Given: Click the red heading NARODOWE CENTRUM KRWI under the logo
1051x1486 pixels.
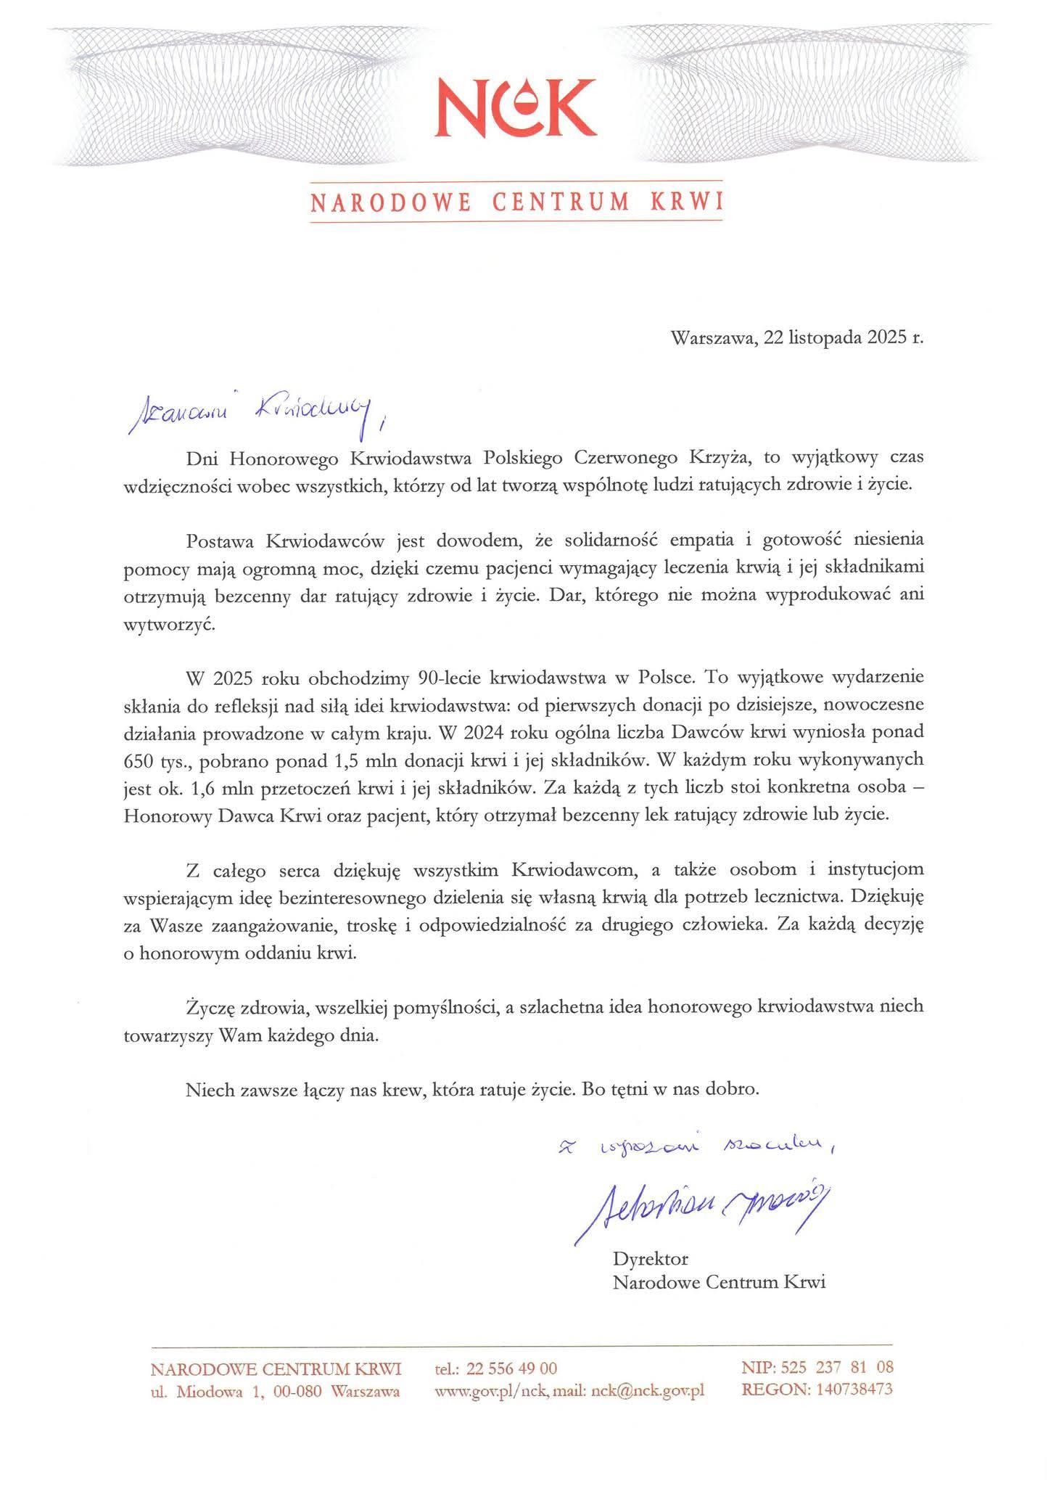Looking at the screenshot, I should point(517,202).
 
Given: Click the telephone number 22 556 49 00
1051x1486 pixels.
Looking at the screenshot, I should point(512,1368).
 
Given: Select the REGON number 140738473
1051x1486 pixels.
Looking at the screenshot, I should point(854,1389).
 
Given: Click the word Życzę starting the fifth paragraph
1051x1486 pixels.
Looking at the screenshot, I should point(208,1007).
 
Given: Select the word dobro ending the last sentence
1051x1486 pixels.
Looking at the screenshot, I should point(735,1089).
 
